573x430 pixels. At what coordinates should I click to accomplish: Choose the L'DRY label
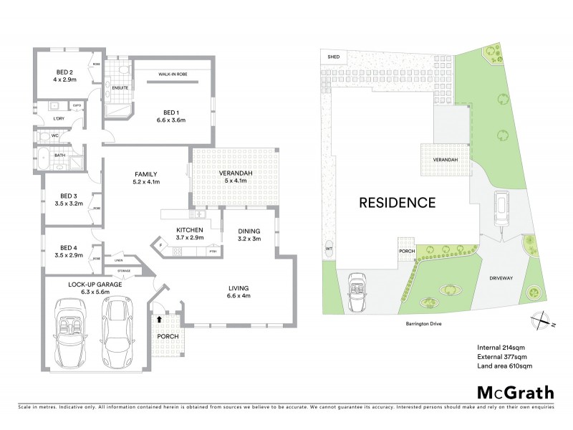59,119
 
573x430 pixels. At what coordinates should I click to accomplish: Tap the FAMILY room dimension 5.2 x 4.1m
144,183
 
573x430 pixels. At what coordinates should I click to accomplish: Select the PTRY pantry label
213,250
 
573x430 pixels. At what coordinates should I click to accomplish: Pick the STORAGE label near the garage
125,271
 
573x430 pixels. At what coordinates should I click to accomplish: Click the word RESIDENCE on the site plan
397,203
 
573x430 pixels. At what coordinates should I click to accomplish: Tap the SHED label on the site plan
333,56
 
